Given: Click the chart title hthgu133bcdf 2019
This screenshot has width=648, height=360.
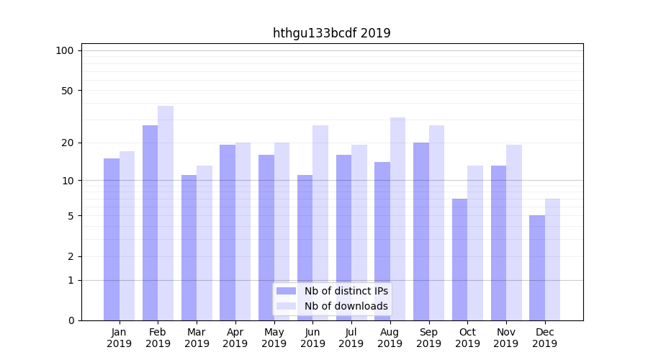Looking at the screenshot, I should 331,33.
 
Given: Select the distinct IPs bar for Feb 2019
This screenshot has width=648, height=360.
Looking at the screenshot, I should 150,223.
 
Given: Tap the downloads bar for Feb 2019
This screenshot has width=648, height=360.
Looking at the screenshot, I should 166,213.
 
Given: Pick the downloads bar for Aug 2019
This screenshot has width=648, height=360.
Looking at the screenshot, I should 397,219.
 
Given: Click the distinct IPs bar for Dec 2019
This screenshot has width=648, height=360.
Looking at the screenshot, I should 537,268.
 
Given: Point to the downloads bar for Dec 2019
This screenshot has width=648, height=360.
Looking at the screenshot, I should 552,259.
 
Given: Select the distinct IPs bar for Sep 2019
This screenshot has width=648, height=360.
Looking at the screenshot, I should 421,231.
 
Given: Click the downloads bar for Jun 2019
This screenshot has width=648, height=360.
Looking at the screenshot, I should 320,223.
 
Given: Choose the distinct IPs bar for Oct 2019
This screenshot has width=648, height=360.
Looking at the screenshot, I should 459,259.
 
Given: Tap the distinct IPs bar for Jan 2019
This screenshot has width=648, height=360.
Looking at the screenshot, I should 112,239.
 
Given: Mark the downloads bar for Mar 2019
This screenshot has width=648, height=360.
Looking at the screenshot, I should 204,243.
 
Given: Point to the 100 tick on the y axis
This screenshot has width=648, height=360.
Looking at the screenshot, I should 65,50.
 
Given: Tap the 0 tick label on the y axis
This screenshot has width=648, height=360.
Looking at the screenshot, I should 71,320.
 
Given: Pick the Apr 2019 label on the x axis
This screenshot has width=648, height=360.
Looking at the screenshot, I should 235,338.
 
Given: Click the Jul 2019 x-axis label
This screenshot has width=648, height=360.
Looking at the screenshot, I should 351,338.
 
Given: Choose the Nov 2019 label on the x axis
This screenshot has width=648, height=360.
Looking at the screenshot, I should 506,338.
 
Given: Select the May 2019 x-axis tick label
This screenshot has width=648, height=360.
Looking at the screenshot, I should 274,338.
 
